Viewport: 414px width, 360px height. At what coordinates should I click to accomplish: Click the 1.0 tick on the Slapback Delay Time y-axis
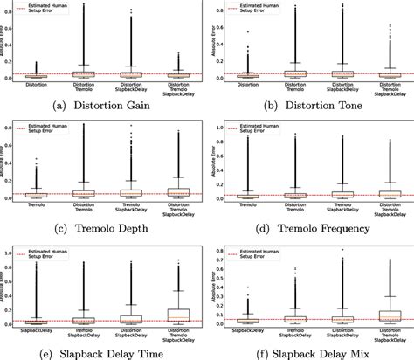15,253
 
